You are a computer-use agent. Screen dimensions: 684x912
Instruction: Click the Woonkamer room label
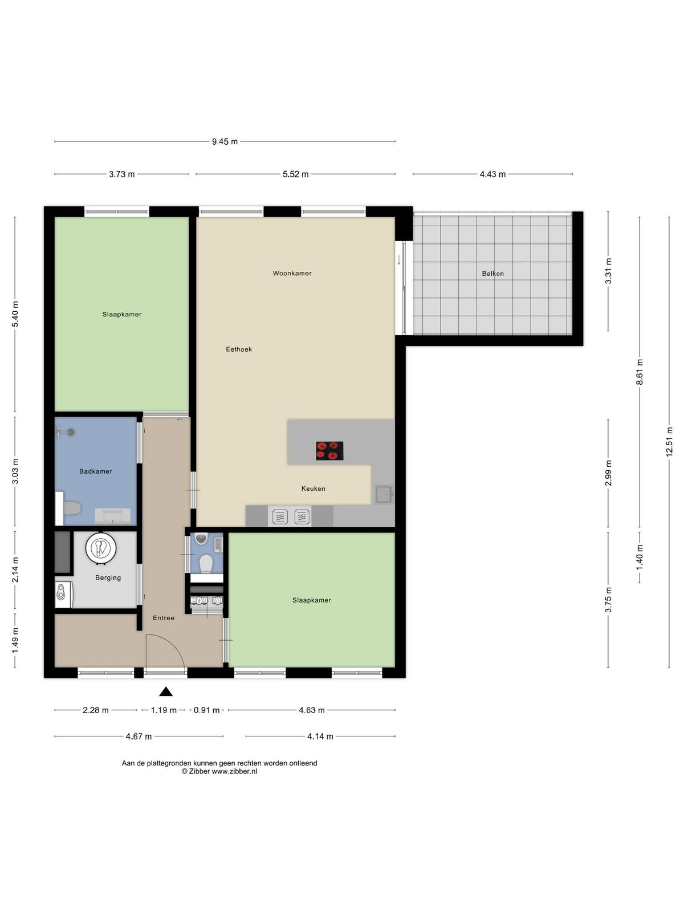(292, 274)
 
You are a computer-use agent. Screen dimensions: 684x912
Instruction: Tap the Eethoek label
(239, 349)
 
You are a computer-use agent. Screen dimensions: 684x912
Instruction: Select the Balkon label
(492, 274)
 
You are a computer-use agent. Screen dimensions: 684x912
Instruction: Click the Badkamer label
(96, 471)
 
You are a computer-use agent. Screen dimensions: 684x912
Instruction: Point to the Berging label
(108, 577)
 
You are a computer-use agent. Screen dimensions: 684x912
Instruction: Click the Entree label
(164, 618)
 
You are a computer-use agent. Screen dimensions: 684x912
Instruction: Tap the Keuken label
(313, 488)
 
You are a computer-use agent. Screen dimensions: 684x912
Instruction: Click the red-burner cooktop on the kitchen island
(329, 451)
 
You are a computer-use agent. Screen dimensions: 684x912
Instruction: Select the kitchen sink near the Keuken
(384, 494)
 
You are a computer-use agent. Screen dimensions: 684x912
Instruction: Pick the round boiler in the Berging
(101, 548)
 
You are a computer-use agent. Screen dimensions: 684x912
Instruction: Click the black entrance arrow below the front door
(166, 691)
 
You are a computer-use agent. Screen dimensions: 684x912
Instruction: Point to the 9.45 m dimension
(225, 142)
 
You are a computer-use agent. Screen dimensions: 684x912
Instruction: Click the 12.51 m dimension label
(669, 442)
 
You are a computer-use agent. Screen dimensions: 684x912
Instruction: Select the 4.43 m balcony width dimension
(492, 174)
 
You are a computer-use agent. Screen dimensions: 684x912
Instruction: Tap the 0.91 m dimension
(206, 710)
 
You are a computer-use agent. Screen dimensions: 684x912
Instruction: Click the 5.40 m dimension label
(15, 314)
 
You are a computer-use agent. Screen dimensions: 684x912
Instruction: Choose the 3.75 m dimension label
(608, 600)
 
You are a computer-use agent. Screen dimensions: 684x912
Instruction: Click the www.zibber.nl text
(234, 772)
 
